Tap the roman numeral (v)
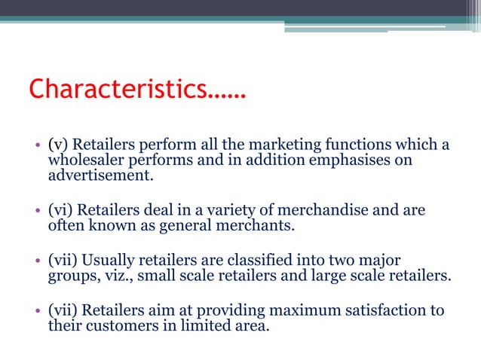(59, 145)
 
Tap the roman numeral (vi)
(62, 210)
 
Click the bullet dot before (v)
(37, 145)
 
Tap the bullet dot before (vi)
(37, 211)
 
